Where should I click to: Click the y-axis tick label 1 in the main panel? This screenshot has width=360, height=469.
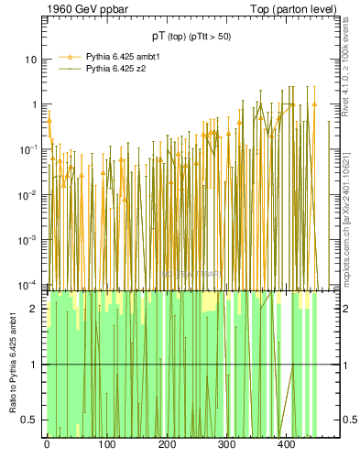point(35,104)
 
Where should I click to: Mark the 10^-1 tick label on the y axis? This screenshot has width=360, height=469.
point(29,149)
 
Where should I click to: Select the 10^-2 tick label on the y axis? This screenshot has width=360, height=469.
point(29,194)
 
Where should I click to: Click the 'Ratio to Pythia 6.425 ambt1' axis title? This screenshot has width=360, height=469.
point(13,364)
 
